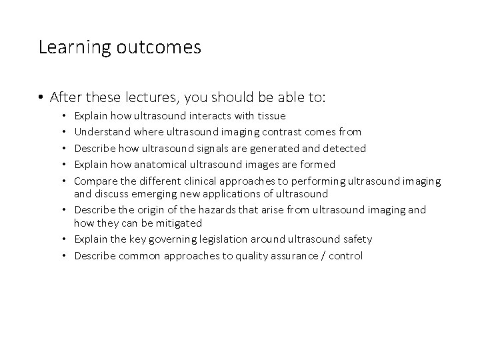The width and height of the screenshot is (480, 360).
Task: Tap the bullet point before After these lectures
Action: click(41, 98)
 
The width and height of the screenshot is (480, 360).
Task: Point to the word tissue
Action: click(271, 116)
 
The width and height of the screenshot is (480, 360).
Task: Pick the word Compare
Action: click(94, 180)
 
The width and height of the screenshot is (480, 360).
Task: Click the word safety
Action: click(358, 239)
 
